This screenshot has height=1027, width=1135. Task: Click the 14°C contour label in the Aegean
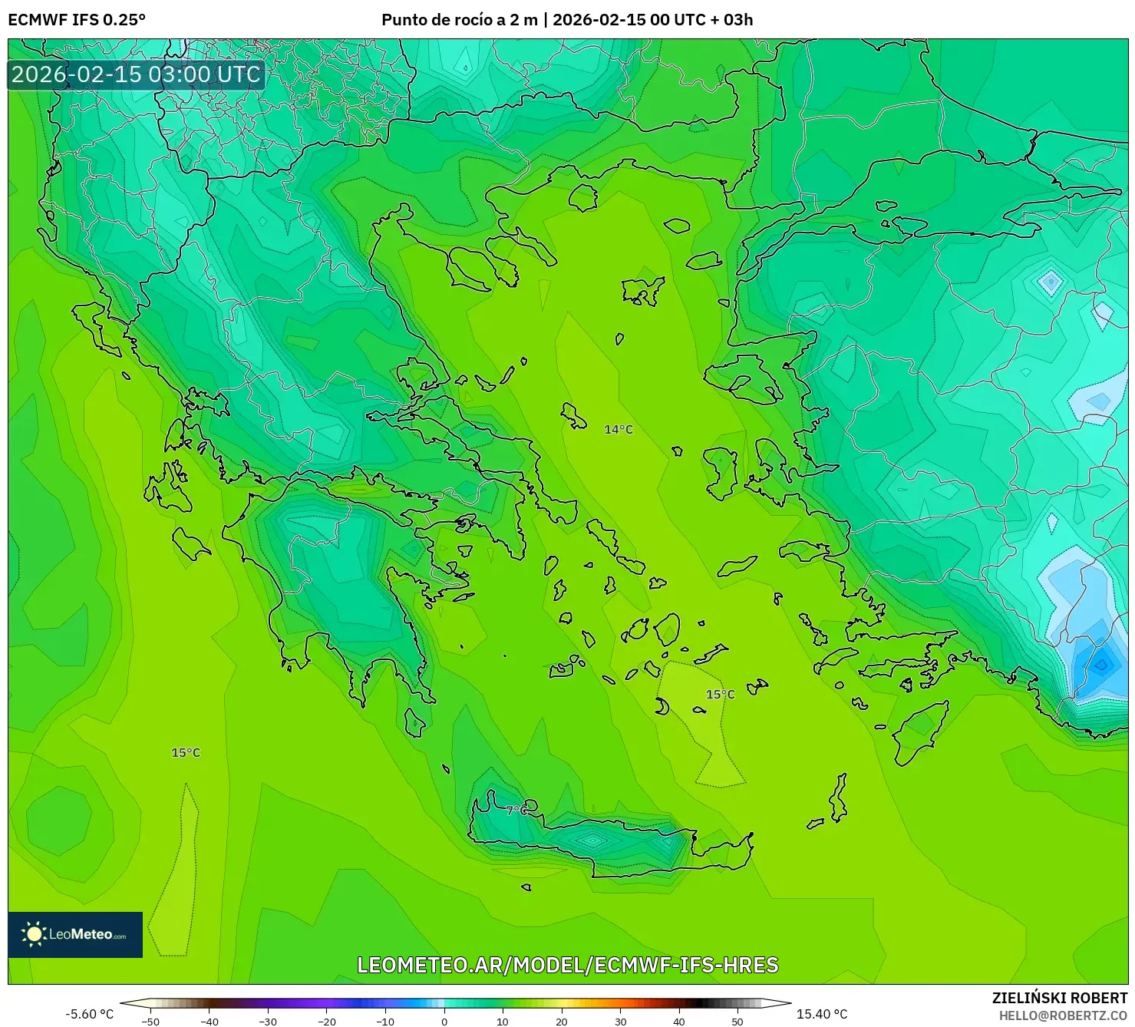coord(619,430)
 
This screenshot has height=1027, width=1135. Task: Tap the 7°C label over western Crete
coord(516,811)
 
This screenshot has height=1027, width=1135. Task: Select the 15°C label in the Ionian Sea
coord(186,753)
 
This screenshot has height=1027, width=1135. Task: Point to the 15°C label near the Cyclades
coord(720,695)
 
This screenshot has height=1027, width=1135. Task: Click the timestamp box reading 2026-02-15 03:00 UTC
coord(136,74)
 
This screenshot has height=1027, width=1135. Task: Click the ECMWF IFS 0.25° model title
coord(77,20)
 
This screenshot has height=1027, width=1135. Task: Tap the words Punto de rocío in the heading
coord(431,20)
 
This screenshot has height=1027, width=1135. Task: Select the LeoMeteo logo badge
coord(75,934)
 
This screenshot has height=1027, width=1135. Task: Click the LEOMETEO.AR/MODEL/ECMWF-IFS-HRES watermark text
coord(568,965)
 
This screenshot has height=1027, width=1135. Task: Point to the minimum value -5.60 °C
coord(89,1014)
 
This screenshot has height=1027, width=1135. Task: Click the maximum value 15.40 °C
coord(822,1014)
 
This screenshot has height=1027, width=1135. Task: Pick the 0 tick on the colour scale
coord(444,1021)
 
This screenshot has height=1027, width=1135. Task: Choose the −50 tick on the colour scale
coord(150,1021)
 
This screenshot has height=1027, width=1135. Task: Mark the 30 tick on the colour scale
coord(620,1021)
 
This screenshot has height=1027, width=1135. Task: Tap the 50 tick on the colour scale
coord(737,1021)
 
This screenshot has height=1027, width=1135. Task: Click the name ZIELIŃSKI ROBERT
coord(1060,998)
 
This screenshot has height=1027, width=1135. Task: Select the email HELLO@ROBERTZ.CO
coord(1063,1015)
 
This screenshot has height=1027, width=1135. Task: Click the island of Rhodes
coord(919,732)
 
